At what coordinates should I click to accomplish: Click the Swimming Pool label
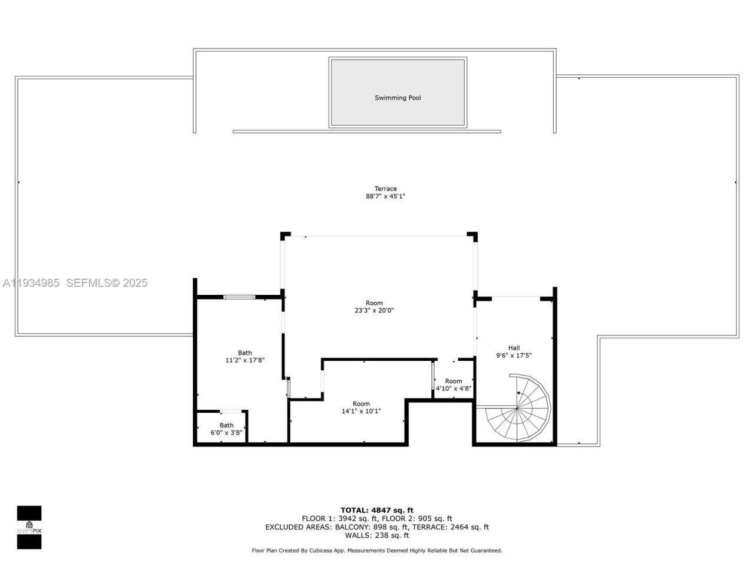click(x=398, y=98)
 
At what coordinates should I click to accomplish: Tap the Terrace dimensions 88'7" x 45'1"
click(x=385, y=197)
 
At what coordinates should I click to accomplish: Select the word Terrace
click(x=385, y=189)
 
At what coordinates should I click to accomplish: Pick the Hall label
click(x=514, y=348)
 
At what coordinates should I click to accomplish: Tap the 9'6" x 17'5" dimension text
click(x=514, y=356)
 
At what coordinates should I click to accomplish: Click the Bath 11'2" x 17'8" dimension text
click(x=244, y=360)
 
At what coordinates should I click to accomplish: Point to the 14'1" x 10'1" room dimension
click(x=361, y=412)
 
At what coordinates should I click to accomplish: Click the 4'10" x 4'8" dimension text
click(x=453, y=389)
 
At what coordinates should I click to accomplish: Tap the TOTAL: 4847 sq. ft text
click(x=377, y=510)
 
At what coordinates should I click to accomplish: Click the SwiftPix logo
click(x=29, y=527)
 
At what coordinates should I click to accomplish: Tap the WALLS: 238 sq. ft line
click(x=377, y=535)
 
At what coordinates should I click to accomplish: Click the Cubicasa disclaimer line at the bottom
click(x=377, y=551)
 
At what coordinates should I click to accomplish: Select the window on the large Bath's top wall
click(x=239, y=297)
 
